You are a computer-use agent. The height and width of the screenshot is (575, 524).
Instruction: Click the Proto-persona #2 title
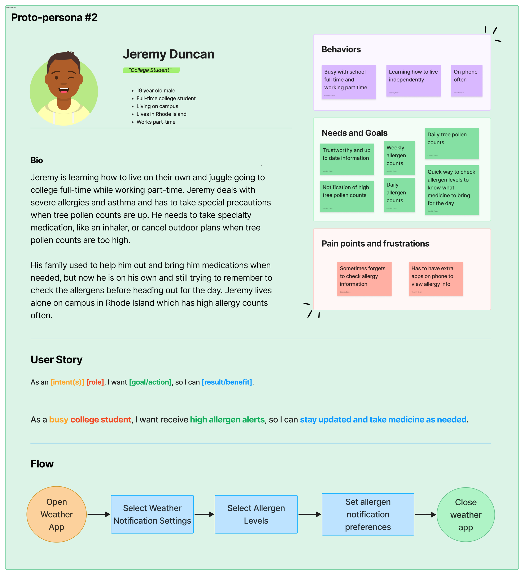pos(54,18)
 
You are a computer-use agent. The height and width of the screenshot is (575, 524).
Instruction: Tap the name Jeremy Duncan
pos(168,54)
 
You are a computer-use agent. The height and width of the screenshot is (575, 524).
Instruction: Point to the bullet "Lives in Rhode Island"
pos(161,114)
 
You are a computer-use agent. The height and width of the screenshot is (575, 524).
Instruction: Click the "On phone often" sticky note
pos(466,81)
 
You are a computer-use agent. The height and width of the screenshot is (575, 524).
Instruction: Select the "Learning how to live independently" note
pos(413,81)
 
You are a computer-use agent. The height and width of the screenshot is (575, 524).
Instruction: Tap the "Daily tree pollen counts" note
pos(452,143)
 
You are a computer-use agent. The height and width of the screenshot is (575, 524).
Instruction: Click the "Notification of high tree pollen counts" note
pos(347,196)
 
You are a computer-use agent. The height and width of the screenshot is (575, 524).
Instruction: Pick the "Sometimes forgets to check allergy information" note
pos(364,278)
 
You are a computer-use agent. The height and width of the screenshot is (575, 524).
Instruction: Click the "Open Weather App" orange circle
pos(56,514)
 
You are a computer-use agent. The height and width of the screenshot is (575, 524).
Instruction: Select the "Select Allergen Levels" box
pos(256,514)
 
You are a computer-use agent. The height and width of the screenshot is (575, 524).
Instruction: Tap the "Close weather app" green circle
pos(466,515)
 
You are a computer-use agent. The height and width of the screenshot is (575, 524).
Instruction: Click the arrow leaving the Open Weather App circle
pos(99,514)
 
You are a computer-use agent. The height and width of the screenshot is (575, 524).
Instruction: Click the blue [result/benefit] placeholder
pos(227,382)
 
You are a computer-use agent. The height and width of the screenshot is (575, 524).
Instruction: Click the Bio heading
pos(37,160)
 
